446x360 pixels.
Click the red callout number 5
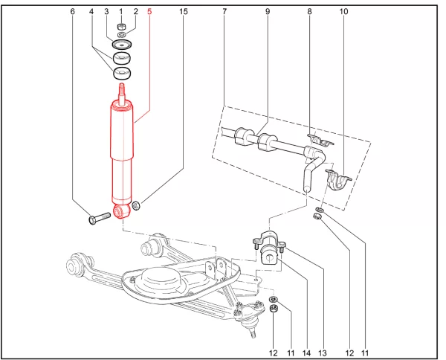pos(149,12)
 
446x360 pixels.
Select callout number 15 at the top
pos(184,12)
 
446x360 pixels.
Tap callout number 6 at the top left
pos(73,12)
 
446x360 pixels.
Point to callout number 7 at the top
pos(224,12)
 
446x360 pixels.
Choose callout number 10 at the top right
pos(343,12)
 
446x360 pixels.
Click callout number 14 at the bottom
pos(306,353)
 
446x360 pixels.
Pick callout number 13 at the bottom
pos(323,353)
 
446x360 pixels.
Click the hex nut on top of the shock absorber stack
pos(121,27)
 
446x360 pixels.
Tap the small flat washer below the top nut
pos(122,35)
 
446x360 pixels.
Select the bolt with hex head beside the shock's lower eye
pos(100,219)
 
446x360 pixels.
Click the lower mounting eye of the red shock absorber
pos(122,211)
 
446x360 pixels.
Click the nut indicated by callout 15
pos(136,205)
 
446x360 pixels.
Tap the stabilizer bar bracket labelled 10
pos(338,179)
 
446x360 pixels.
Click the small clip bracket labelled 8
pos(320,139)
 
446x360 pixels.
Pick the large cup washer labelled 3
pos(122,45)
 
